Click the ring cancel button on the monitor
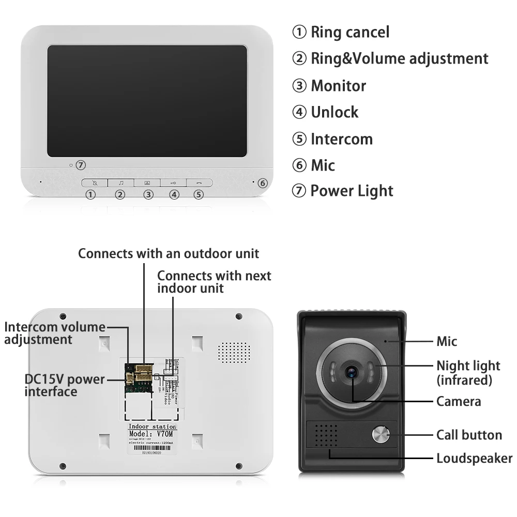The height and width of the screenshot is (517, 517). tap(95, 183)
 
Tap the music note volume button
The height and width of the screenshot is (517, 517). tap(121, 183)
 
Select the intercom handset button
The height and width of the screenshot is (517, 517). tap(199, 183)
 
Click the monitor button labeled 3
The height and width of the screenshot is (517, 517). tap(147, 183)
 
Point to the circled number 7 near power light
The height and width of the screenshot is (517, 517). tap(80, 165)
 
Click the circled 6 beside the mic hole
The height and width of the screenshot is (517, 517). tap(262, 183)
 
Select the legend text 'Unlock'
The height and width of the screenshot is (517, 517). tap(334, 112)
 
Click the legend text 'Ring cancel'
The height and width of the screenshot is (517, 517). tap(349, 32)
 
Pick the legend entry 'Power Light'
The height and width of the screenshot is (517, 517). tap(352, 191)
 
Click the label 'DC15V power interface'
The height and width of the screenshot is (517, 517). tap(65, 385)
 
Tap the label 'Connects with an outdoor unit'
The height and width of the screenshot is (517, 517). tap(169, 253)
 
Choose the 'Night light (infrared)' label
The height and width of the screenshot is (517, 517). tap(468, 373)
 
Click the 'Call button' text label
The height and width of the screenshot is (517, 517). tap(469, 435)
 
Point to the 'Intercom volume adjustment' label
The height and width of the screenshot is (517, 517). tap(54, 333)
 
